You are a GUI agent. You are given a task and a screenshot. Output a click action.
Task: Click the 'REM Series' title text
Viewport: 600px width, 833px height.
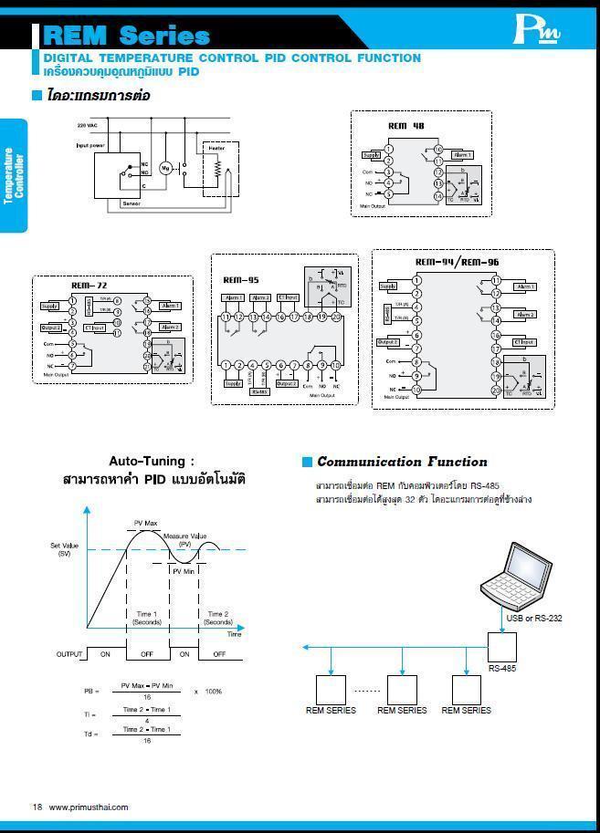coord(126,36)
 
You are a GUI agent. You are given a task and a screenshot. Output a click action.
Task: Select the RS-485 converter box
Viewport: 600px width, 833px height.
coord(502,648)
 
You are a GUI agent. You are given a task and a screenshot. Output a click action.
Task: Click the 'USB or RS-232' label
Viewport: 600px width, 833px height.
coord(534,618)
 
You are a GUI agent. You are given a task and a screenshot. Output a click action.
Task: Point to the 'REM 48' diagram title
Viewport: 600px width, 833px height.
coord(405,126)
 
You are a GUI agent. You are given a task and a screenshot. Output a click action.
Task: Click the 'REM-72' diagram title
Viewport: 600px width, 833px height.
coord(89,286)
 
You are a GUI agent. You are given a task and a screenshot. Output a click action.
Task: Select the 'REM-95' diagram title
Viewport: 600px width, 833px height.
coord(240,280)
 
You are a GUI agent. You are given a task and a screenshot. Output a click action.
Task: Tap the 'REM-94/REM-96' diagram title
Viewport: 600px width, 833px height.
coord(457,262)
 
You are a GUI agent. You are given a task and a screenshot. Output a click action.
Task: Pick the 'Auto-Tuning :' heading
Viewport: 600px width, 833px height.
coord(152,462)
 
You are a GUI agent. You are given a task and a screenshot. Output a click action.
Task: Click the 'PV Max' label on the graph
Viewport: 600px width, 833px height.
coord(146,523)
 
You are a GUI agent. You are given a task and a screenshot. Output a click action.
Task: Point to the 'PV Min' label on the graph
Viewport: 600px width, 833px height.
coord(183,570)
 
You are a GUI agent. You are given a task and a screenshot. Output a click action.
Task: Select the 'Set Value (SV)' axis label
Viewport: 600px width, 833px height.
coord(65,549)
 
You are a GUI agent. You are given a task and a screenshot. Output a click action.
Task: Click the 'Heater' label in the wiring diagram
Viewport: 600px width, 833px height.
coord(216,148)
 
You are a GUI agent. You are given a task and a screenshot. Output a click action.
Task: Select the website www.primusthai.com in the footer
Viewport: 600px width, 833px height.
coord(88,807)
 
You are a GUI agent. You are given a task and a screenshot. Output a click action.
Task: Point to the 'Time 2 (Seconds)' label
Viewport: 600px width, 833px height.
coord(218,618)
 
